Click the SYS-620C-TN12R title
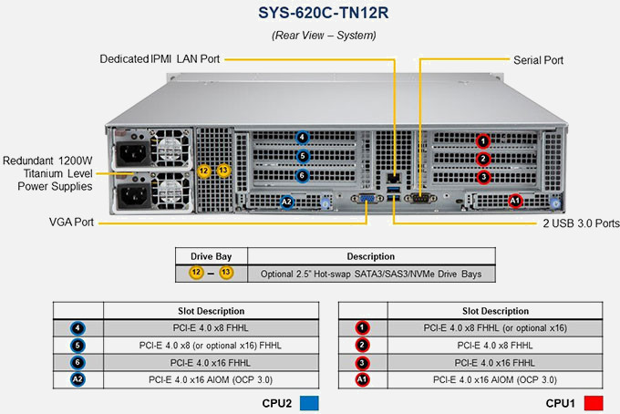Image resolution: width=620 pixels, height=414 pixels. point(323,13)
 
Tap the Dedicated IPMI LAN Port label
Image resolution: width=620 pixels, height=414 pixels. point(160,59)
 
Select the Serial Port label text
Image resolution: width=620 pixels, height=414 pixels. point(538,60)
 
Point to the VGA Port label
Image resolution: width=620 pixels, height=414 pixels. point(71,222)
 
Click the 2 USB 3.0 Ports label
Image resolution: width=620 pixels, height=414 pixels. point(581,223)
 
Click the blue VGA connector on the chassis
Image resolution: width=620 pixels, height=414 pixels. point(367,198)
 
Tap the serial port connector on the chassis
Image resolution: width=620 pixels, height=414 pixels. point(420,198)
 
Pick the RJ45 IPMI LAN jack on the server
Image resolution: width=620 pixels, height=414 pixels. point(394,178)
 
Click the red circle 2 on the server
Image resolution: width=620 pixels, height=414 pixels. point(483,159)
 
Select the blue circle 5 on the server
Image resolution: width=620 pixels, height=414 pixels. point(303,156)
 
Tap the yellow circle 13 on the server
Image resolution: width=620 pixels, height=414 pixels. point(223,171)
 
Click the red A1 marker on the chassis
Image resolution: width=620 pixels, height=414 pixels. point(515,201)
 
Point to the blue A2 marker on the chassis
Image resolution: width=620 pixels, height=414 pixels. point(286,202)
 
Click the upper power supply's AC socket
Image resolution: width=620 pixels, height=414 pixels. point(133,152)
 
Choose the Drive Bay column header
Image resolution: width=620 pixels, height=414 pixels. point(212,256)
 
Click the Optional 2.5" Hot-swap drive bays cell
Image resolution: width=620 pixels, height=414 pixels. point(371,274)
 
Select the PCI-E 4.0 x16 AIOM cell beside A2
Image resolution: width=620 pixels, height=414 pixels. point(211,379)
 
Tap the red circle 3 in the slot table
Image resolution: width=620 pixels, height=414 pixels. point(362,363)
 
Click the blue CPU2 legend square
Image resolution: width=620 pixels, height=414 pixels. point(309,403)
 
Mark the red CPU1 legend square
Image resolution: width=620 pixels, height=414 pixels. point(594,403)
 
